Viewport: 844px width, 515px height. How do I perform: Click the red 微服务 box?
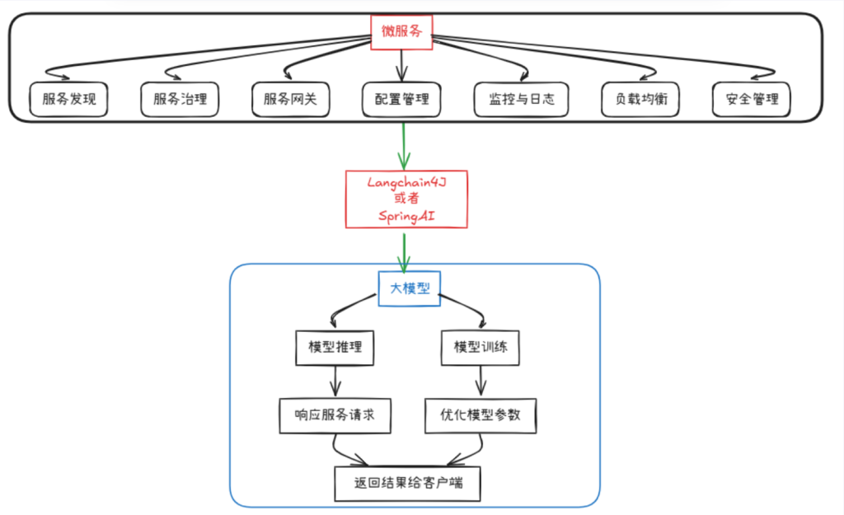(x=401, y=32)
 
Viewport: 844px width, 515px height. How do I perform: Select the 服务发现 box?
(x=68, y=100)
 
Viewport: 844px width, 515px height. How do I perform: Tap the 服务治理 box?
(x=180, y=100)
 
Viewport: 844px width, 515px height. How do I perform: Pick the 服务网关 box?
(x=290, y=100)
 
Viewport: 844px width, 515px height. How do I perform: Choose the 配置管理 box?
(x=401, y=100)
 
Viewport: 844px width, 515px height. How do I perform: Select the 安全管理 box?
(x=752, y=100)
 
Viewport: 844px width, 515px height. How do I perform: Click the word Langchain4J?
(x=406, y=181)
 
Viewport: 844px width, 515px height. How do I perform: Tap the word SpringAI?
(x=406, y=215)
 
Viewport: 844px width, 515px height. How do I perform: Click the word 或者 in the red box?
(x=406, y=199)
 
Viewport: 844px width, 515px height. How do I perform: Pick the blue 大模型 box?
(x=410, y=288)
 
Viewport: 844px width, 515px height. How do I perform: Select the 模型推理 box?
(x=335, y=348)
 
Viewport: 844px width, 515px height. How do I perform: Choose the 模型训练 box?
(x=481, y=348)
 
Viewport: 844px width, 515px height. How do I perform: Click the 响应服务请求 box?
(x=334, y=415)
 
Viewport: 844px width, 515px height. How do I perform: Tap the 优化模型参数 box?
(x=480, y=415)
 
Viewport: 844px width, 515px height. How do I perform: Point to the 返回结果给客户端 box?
(x=406, y=484)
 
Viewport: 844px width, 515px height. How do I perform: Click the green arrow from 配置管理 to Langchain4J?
(x=403, y=146)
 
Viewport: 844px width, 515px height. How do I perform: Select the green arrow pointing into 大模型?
(x=404, y=251)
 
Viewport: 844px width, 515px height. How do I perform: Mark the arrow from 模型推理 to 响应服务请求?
(x=335, y=382)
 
